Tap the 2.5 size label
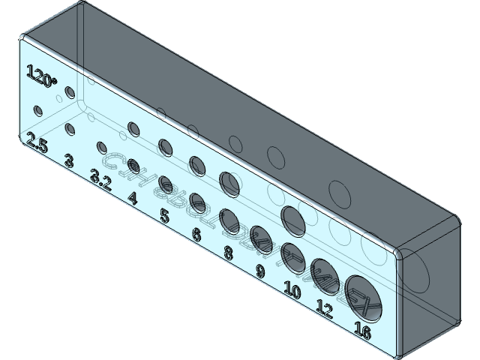(x=37, y=142)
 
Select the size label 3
(x=69, y=160)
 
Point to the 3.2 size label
(x=100, y=178)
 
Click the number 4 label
(x=133, y=199)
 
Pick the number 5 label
(x=165, y=217)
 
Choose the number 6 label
(x=196, y=235)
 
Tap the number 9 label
(x=259, y=271)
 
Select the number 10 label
(x=292, y=290)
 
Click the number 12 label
(x=324, y=308)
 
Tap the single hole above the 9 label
(x=259, y=237)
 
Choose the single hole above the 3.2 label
(x=100, y=147)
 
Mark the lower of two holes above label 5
(x=166, y=182)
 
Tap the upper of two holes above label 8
(x=229, y=181)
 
